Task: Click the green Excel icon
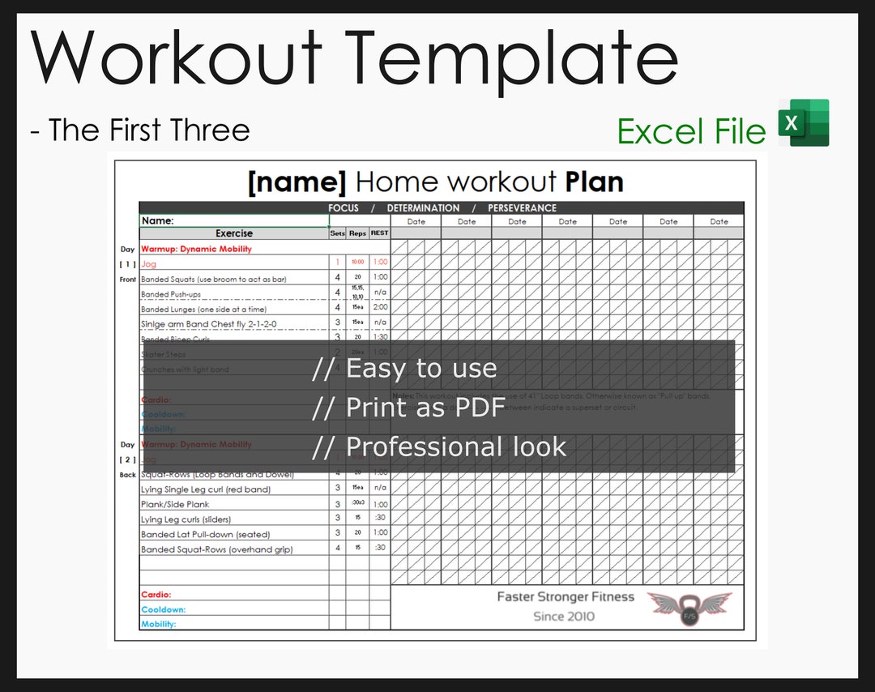(804, 123)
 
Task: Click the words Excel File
(691, 132)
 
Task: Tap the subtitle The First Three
(140, 130)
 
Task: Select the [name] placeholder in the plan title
(297, 182)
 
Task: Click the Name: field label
(158, 220)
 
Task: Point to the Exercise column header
(233, 233)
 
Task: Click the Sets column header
(337, 233)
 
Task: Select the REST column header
(379, 233)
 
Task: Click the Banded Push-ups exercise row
(171, 294)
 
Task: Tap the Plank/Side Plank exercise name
(175, 504)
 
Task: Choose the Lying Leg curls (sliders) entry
(186, 519)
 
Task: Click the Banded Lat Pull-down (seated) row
(205, 534)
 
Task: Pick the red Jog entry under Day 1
(149, 264)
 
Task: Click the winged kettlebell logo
(689, 609)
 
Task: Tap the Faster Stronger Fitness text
(565, 597)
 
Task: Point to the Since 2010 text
(563, 617)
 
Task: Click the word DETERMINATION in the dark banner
(423, 208)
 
